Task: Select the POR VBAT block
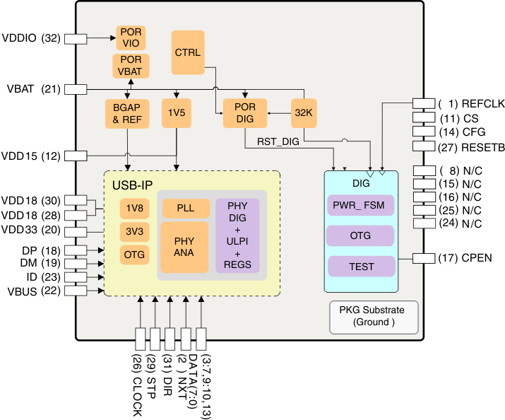pyautogui.click(x=131, y=66)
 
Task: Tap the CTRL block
pyautogui.click(x=187, y=52)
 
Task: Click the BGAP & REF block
pyautogui.click(x=127, y=114)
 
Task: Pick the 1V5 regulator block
pyautogui.click(x=176, y=114)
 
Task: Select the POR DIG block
pyautogui.click(x=244, y=113)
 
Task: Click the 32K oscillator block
pyautogui.click(x=304, y=113)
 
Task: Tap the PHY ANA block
pyautogui.click(x=184, y=247)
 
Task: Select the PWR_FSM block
pyautogui.click(x=361, y=206)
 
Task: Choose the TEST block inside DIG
pyautogui.click(x=361, y=266)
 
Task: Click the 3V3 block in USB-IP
pyautogui.click(x=134, y=231)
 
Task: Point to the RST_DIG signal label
pyautogui.click(x=278, y=142)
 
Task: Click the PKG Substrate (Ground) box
pyautogui.click(x=374, y=316)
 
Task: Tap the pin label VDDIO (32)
pyautogui.click(x=31, y=38)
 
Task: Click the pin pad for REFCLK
pyautogui.click(x=423, y=103)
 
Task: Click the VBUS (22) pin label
pyautogui.click(x=31, y=291)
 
